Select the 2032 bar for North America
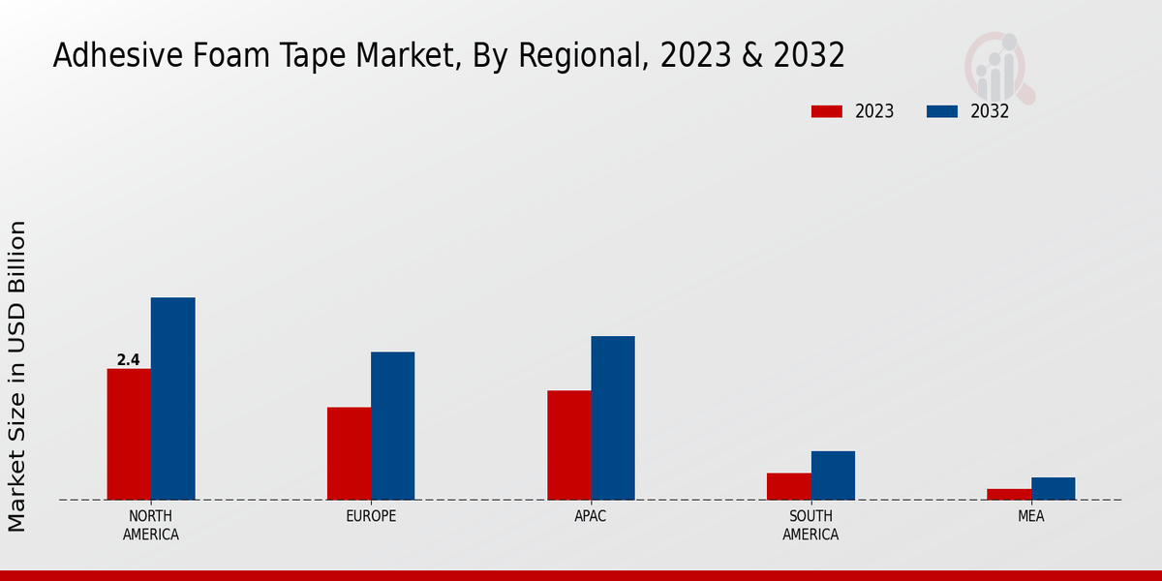coord(172,398)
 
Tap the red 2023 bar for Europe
coord(349,453)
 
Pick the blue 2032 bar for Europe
coord(392,425)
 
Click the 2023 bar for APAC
coord(568,444)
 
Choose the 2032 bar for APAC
coord(613,417)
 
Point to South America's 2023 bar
coord(788,486)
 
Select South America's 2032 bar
coord(833,475)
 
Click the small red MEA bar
coord(1009,494)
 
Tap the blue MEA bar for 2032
coord(1053,488)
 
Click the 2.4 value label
coord(128,360)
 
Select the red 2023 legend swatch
coord(826,111)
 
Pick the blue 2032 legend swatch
coord(941,111)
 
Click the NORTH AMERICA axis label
coord(151,525)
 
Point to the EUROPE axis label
coord(371,516)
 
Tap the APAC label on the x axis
coord(591,516)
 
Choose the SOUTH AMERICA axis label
coord(810,525)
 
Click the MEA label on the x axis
coord(1030,516)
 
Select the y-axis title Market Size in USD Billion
coord(17,376)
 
